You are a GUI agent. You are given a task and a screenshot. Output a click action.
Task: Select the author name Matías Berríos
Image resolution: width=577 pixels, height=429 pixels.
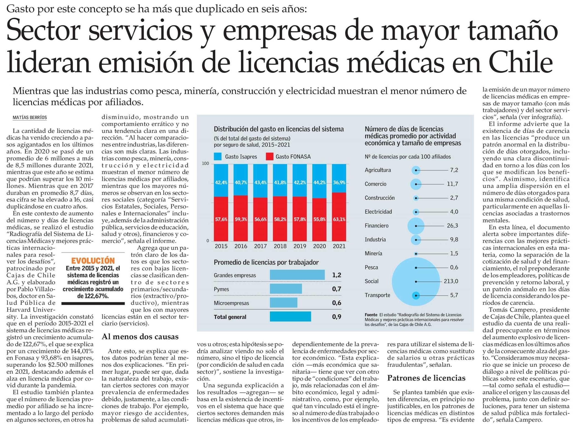[30, 117]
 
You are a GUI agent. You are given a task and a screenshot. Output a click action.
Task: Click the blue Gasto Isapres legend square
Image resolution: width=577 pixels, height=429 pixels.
[218, 157]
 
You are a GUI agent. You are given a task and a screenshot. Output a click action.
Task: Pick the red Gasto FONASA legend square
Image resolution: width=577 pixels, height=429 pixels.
[269, 157]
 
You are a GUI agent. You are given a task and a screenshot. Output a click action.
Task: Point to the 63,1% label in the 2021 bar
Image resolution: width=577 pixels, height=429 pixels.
[339, 219]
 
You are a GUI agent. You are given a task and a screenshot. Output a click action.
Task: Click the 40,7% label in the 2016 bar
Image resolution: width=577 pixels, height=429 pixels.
[241, 183]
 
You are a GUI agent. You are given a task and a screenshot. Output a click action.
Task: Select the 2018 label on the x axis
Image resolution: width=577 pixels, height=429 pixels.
[280, 246]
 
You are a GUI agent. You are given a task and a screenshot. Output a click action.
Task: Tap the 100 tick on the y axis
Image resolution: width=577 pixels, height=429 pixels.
[205, 164]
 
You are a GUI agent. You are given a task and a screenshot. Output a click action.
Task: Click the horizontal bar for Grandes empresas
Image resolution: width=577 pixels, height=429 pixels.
[297, 275]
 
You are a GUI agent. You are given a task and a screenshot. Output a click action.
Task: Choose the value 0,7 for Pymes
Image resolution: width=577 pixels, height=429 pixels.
[336, 289]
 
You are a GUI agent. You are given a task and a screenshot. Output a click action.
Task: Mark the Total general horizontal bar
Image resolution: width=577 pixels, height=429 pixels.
[290, 317]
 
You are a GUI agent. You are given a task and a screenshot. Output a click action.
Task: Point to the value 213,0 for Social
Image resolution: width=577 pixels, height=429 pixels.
[451, 281]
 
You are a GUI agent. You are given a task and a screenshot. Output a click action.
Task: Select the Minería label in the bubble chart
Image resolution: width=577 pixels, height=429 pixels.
[373, 254]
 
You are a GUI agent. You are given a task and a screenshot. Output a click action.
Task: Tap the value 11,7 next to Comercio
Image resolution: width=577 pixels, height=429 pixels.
[452, 184]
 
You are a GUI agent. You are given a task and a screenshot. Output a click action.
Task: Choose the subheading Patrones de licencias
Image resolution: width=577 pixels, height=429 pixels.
[426, 378]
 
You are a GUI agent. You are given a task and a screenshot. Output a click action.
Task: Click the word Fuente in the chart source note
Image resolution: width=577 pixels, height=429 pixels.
[371, 315]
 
